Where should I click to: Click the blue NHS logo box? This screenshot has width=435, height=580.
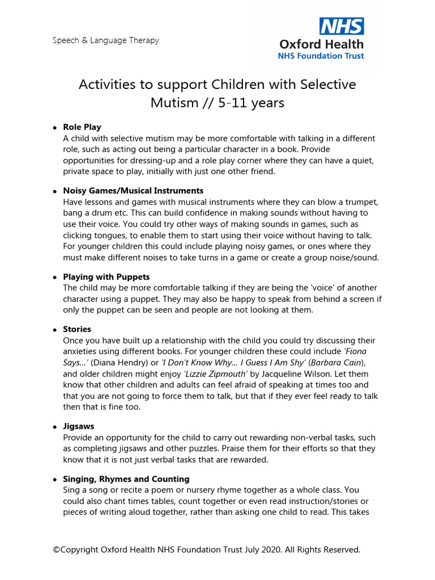click(x=342, y=26)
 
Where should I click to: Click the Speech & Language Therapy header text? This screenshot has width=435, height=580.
click(x=106, y=40)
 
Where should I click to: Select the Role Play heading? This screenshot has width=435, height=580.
click(x=82, y=127)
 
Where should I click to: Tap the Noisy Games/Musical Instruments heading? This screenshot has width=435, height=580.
click(x=133, y=190)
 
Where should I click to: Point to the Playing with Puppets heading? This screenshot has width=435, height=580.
click(x=106, y=276)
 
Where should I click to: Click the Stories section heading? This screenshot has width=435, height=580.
click(x=77, y=329)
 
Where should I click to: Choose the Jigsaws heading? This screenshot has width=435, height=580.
click(x=79, y=426)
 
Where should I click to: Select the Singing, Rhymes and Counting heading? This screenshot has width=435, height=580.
click(x=126, y=479)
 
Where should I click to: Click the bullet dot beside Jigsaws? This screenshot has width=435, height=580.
click(x=55, y=427)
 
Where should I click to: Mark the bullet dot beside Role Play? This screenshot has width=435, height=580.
click(x=55, y=127)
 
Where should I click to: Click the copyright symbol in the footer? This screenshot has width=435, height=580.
click(x=56, y=549)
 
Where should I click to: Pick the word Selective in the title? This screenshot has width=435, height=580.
click(x=327, y=84)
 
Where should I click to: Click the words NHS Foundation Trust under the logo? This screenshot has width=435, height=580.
click(x=320, y=56)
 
